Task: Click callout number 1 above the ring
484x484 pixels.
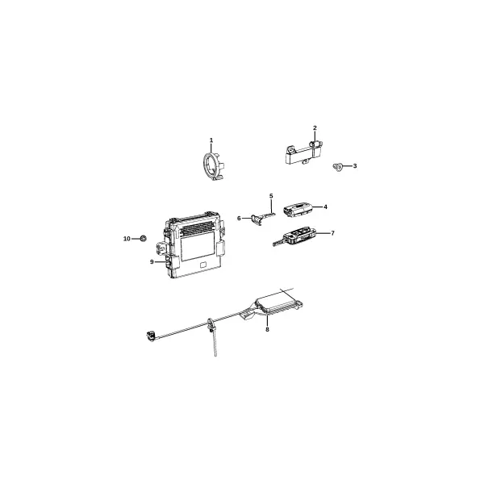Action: click(x=211, y=140)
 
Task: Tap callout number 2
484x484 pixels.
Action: click(x=315, y=127)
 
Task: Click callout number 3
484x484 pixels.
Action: click(x=355, y=165)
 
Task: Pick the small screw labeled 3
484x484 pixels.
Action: click(x=338, y=167)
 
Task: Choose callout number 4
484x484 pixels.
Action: click(x=325, y=207)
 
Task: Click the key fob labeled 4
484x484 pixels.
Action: click(x=298, y=210)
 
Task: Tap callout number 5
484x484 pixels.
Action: click(x=271, y=196)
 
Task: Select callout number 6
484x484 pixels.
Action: click(x=239, y=219)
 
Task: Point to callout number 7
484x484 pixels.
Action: click(x=332, y=233)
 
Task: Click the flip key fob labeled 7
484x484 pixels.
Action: click(x=294, y=236)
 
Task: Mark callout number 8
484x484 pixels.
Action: click(x=267, y=330)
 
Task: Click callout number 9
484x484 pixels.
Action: click(x=152, y=262)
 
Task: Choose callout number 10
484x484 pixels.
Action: click(x=127, y=239)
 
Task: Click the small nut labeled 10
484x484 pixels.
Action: click(x=144, y=238)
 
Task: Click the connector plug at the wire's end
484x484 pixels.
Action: click(x=151, y=336)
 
